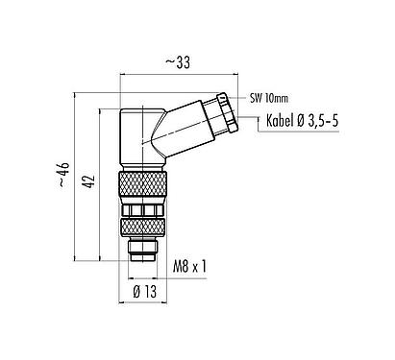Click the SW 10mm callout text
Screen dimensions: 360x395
(x=268, y=99)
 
